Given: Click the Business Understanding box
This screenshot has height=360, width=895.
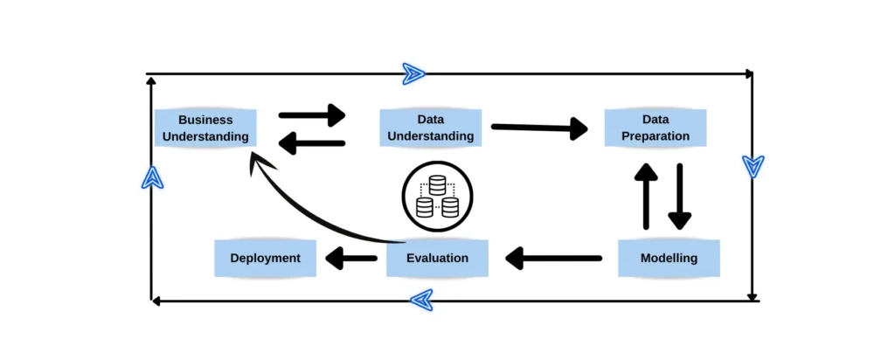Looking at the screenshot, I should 205,128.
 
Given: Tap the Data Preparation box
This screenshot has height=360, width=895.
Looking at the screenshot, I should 656,128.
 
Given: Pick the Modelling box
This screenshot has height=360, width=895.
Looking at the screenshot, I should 669,259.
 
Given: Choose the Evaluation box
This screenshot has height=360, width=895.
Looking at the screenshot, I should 438,259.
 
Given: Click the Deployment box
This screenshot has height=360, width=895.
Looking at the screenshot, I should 265,259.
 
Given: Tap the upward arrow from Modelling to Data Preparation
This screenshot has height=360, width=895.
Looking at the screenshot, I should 646,196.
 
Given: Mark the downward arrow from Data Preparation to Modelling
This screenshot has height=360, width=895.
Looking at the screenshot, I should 679,196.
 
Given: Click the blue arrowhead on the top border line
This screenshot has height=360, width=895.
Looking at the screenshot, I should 413,74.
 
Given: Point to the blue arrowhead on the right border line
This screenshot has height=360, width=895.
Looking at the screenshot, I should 753,166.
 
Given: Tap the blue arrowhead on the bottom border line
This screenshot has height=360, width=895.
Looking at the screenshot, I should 421,300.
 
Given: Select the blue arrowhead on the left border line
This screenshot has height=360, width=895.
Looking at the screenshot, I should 153,177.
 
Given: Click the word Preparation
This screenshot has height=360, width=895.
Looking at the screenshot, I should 656,136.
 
